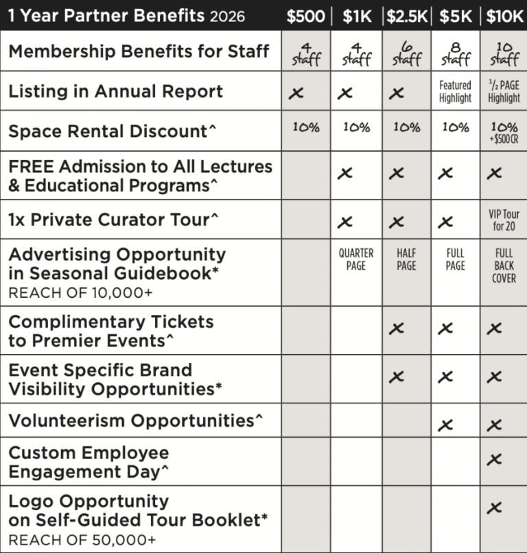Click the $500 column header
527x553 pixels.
pyautogui.click(x=305, y=16)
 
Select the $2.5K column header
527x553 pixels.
pyautogui.click(x=406, y=16)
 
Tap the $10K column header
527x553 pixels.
pyautogui.click(x=504, y=16)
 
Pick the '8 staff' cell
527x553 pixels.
pyautogui.click(x=456, y=52)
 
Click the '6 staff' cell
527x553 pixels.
pyautogui.click(x=406, y=52)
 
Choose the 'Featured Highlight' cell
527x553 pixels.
pyautogui.click(x=456, y=91)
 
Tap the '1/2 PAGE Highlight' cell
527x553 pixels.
pyautogui.click(x=504, y=91)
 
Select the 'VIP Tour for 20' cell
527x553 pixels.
pyautogui.click(x=504, y=220)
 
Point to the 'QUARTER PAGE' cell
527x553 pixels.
pyautogui.click(x=356, y=259)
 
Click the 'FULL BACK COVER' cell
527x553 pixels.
pyautogui.click(x=504, y=266)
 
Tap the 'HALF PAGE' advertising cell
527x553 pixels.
pyautogui.click(x=406, y=259)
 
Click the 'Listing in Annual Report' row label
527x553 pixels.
pyautogui.click(x=115, y=91)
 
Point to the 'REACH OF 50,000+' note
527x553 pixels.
pyautogui.click(x=82, y=540)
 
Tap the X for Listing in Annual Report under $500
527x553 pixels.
pyautogui.click(x=296, y=93)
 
